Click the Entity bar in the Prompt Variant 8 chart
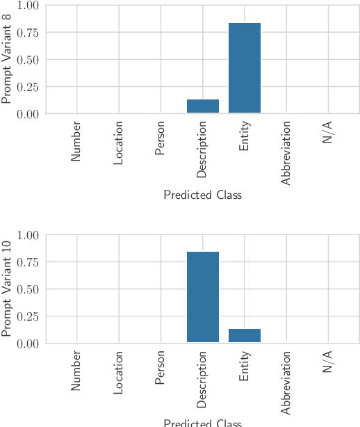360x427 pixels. [x=245, y=68]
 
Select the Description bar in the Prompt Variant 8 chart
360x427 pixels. [x=203, y=106]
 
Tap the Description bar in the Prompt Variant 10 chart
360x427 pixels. [x=203, y=297]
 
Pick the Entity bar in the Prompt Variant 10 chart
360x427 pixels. [x=245, y=335]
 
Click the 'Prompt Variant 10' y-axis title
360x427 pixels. [x=8, y=289]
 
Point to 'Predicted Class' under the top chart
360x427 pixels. [x=202, y=195]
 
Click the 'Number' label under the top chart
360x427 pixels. [x=76, y=142]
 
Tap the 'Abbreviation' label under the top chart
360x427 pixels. [x=286, y=153]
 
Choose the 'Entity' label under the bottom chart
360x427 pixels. [x=245, y=366]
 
